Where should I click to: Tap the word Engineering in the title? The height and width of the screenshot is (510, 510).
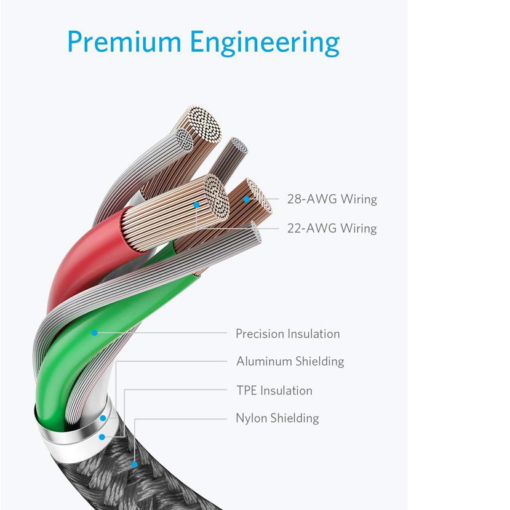[x=265, y=43]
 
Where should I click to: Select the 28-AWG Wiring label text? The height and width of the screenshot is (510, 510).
[x=332, y=199]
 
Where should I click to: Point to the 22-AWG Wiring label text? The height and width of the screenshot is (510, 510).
[x=332, y=228]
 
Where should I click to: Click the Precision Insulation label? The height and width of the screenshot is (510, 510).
[x=287, y=334]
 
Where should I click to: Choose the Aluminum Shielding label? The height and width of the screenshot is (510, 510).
[x=290, y=361]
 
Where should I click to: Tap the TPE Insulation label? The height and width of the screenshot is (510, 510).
[x=274, y=391]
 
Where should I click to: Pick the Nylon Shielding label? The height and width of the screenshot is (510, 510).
[x=277, y=418]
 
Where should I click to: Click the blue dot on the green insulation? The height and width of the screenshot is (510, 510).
[x=94, y=333]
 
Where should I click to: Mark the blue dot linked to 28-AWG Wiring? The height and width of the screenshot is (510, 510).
[x=247, y=199]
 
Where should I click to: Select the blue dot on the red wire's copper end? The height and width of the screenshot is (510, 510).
[x=196, y=203]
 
